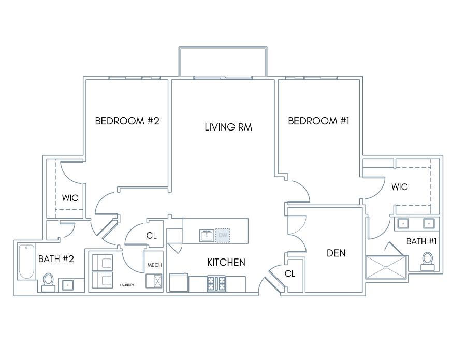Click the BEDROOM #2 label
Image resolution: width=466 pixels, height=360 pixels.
coord(127,121)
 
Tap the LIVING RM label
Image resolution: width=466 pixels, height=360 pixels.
coord(228,127)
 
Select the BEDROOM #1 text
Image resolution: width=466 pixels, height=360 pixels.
coord(318,121)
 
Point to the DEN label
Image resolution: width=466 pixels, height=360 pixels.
coord(336,253)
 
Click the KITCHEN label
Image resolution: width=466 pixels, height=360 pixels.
coord(226,262)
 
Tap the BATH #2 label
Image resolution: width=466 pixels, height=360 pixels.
coord(56,258)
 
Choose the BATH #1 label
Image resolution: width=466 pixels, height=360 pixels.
coord(421,241)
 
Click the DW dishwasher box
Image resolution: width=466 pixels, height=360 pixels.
coord(223,236)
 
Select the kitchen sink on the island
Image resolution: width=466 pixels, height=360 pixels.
coord(207,236)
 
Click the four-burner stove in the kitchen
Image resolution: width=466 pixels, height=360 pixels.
coord(216,284)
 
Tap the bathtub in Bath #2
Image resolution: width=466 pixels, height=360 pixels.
coord(26,261)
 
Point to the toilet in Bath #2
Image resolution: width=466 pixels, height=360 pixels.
coord(48,282)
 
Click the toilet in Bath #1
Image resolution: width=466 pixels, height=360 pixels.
coord(428,262)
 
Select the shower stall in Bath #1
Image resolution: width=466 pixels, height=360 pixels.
coord(386,267)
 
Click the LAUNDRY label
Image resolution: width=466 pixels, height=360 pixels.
coord(127,285)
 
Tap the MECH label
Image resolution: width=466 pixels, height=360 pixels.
coord(154,265)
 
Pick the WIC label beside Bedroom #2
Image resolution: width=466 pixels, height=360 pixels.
coord(70,198)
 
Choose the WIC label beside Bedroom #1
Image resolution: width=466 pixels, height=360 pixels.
coord(399,186)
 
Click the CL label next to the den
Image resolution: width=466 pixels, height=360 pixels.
coord(290,273)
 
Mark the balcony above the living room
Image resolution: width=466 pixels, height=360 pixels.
coord(223,61)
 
